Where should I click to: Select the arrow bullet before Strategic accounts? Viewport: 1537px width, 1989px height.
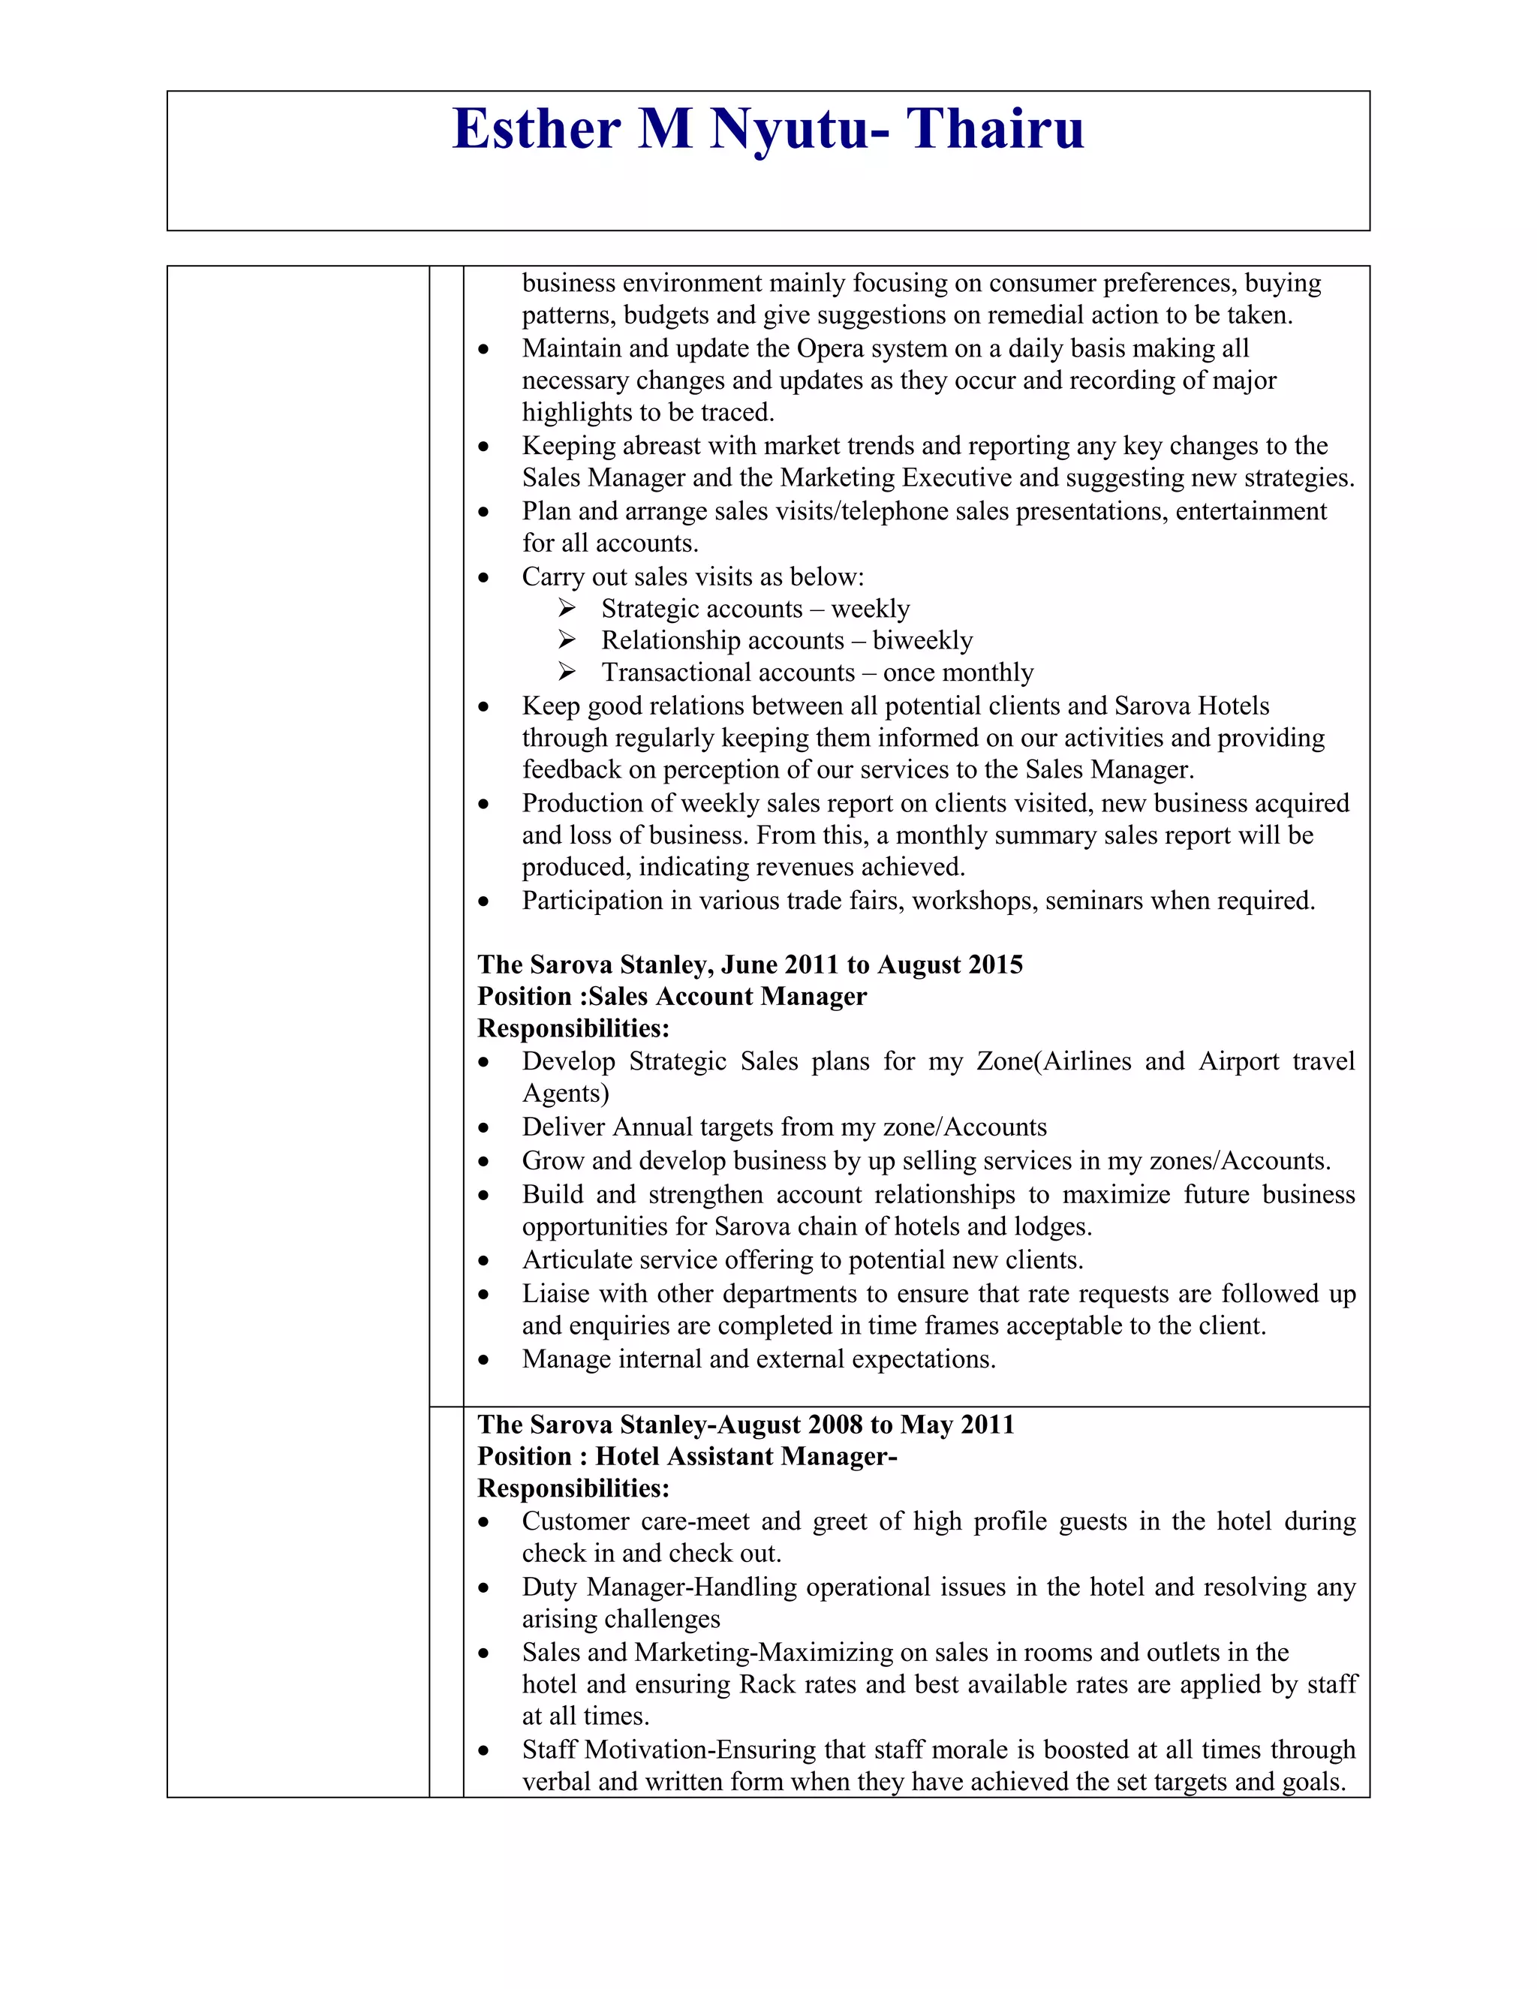[x=567, y=609]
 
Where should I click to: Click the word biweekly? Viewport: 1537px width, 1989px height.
[x=922, y=640]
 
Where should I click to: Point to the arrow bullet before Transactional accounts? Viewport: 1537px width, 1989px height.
[x=567, y=672]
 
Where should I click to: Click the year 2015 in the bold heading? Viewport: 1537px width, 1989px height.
[x=991, y=964]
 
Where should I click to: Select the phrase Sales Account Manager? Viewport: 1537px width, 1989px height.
[x=727, y=996]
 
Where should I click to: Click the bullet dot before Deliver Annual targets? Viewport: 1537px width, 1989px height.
[x=483, y=1128]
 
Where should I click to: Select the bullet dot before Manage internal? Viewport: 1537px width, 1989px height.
[x=483, y=1361]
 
